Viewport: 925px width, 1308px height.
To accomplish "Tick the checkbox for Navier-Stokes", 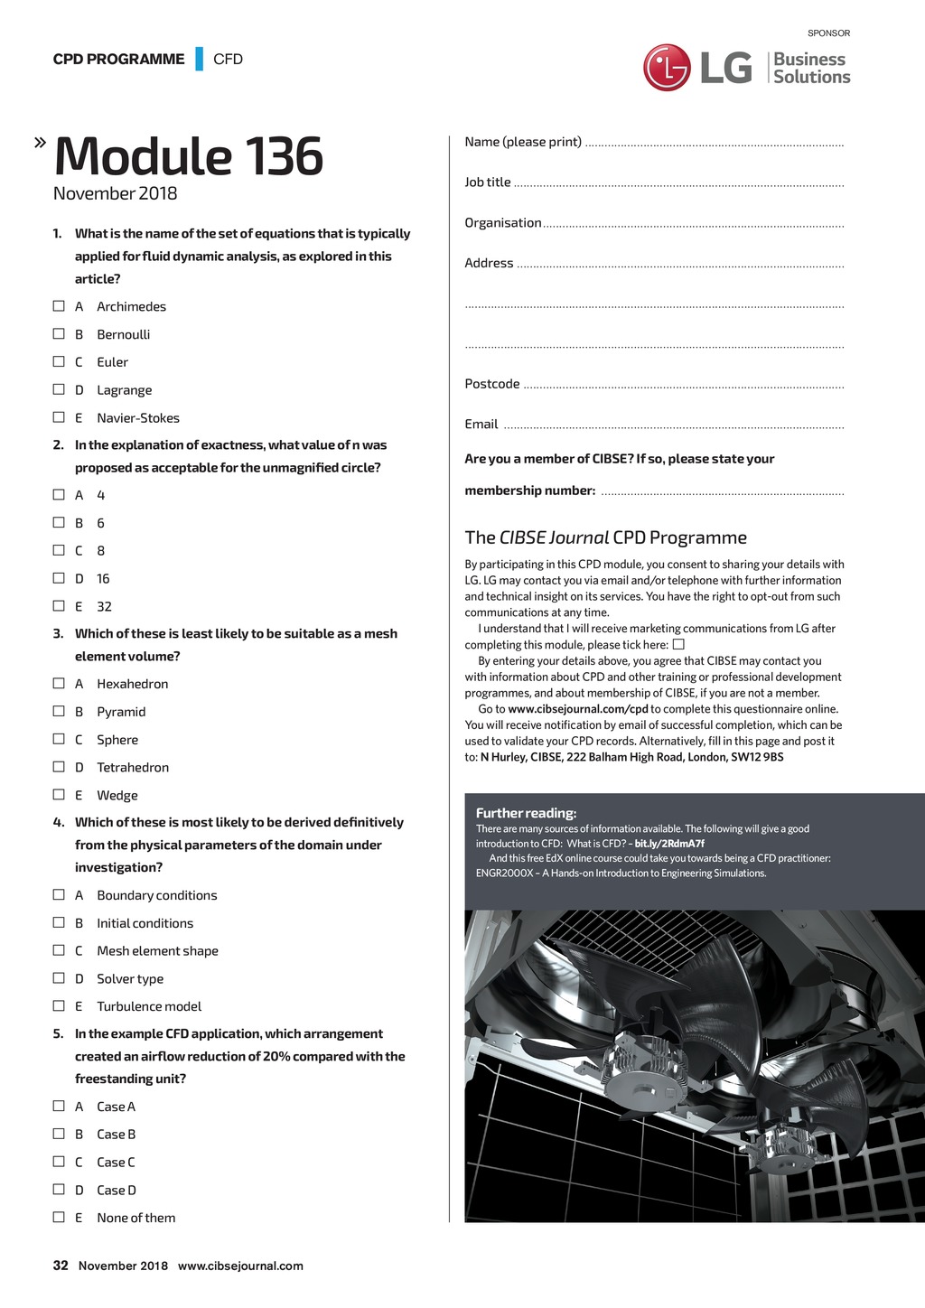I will [x=59, y=417].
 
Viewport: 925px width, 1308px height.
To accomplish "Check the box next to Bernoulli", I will [x=59, y=334].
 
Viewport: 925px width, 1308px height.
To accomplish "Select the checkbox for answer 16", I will [x=59, y=578].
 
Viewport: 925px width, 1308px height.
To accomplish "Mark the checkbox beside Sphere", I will [x=59, y=739].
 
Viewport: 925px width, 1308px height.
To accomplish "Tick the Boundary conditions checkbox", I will [x=59, y=895].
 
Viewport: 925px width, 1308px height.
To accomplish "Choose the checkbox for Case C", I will [x=59, y=1162].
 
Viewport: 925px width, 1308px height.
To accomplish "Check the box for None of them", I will [x=59, y=1218].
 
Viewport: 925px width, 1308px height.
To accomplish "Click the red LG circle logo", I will [x=667, y=68].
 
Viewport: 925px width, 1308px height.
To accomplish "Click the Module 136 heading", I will [x=188, y=156].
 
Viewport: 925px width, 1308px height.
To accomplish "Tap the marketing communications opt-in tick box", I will [x=678, y=645].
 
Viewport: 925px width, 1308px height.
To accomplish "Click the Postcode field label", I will [x=492, y=384].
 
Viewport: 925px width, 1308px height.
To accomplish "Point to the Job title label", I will [x=488, y=182].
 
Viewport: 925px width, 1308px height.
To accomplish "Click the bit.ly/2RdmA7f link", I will [x=669, y=844].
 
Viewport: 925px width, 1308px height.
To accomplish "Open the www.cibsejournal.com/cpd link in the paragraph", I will [x=578, y=709].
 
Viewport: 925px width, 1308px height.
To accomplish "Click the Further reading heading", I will [x=526, y=813].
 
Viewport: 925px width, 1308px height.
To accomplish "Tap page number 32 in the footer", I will [x=61, y=1266].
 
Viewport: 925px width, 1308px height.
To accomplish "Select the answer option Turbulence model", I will [x=149, y=1006].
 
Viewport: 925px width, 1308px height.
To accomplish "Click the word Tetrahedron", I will [x=133, y=768].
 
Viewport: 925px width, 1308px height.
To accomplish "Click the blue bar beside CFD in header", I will [x=199, y=59].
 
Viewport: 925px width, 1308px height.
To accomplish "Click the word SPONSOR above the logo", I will [x=828, y=33].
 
